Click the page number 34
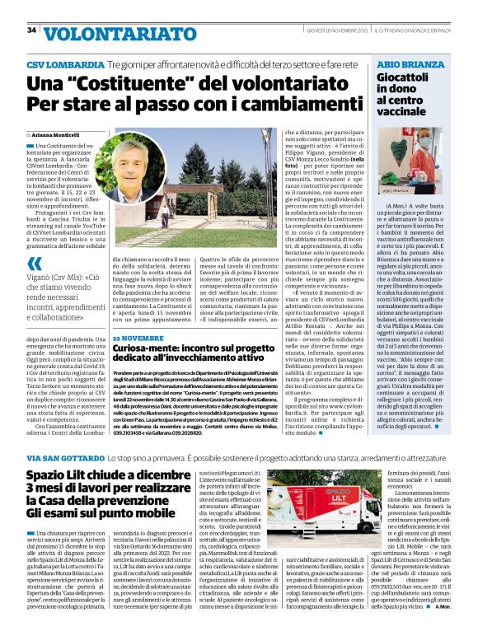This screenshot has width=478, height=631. click(31, 30)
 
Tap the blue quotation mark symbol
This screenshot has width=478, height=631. click(35, 264)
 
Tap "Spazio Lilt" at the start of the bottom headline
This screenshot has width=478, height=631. click(64, 476)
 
